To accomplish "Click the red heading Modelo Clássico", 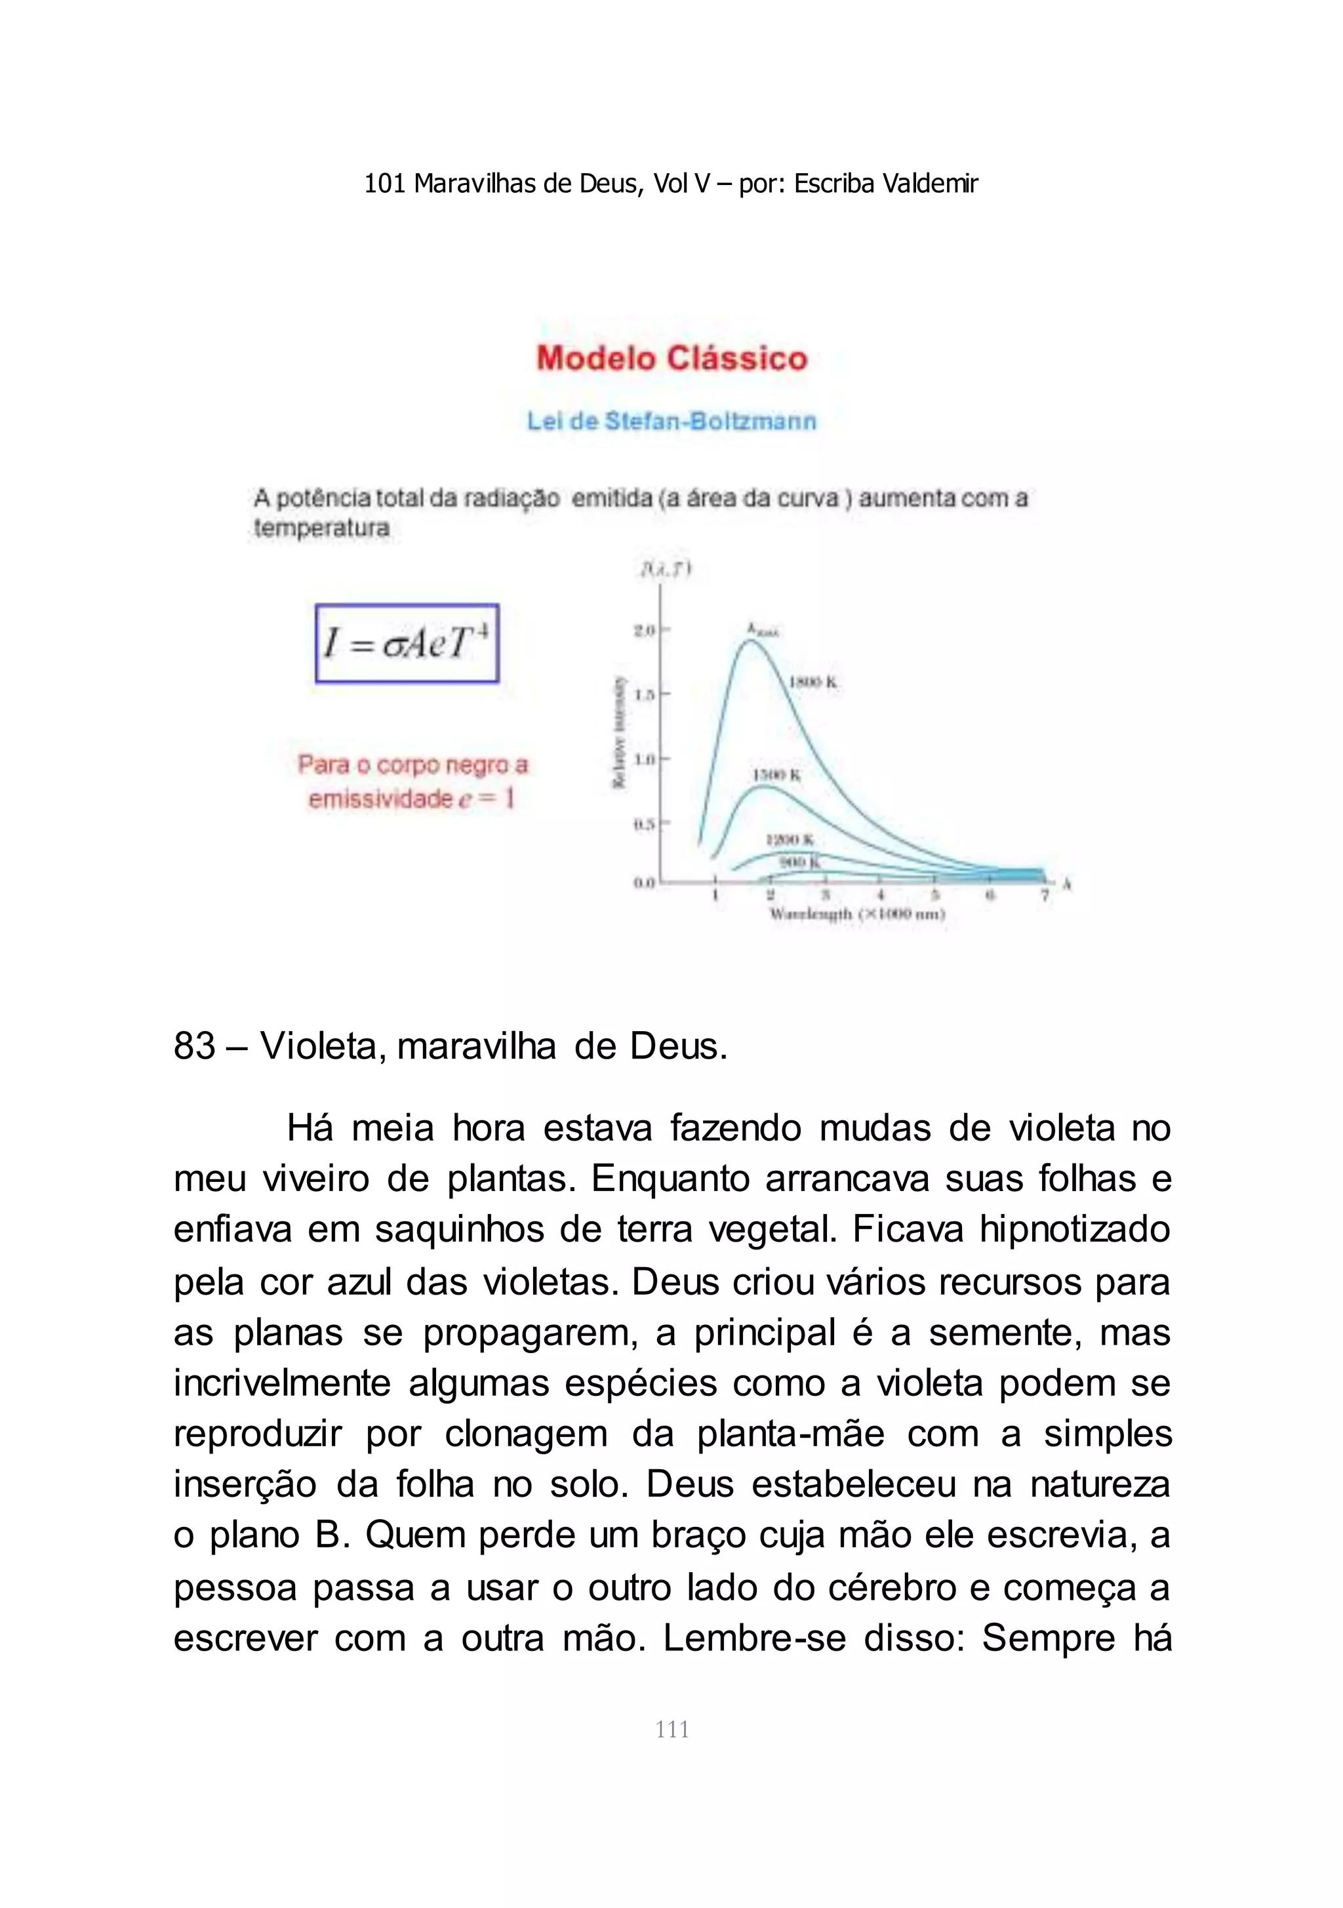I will tap(671, 359).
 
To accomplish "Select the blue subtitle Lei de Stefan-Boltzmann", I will tap(671, 421).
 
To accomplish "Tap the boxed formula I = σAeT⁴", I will tap(407, 644).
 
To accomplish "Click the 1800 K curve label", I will tap(812, 683).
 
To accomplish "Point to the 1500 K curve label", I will tap(776, 775).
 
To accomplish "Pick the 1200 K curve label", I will tap(789, 840).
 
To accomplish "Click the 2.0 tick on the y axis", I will tap(647, 631).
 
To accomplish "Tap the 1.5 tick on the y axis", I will tap(647, 694).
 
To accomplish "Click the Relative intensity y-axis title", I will tap(619, 731).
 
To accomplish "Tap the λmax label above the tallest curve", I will tap(762, 630).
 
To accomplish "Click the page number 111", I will tap(671, 1730).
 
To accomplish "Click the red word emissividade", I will tap(380, 800).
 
